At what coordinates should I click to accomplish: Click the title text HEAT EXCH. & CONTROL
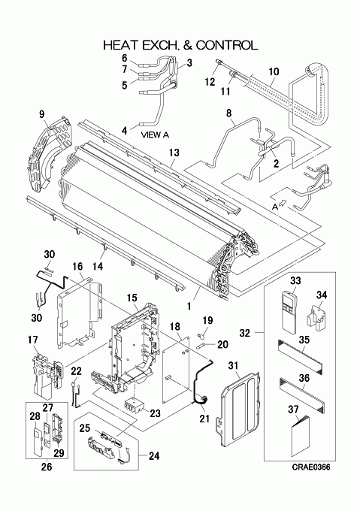(x=180, y=45)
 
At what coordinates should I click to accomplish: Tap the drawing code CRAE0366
(x=311, y=467)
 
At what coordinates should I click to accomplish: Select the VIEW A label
(x=155, y=135)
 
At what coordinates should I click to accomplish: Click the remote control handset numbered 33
(x=289, y=312)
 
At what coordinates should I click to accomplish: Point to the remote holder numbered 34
(x=316, y=317)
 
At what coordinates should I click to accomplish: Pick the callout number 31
(x=233, y=366)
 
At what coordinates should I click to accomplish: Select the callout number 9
(x=41, y=114)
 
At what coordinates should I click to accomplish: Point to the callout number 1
(x=189, y=306)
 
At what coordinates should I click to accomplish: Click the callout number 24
(x=154, y=456)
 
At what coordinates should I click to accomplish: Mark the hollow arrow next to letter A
(x=283, y=203)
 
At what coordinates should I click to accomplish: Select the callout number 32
(x=245, y=333)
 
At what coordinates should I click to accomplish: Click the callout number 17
(x=33, y=340)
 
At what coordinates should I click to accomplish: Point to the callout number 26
(x=47, y=467)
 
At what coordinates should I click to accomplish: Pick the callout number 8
(x=229, y=113)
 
